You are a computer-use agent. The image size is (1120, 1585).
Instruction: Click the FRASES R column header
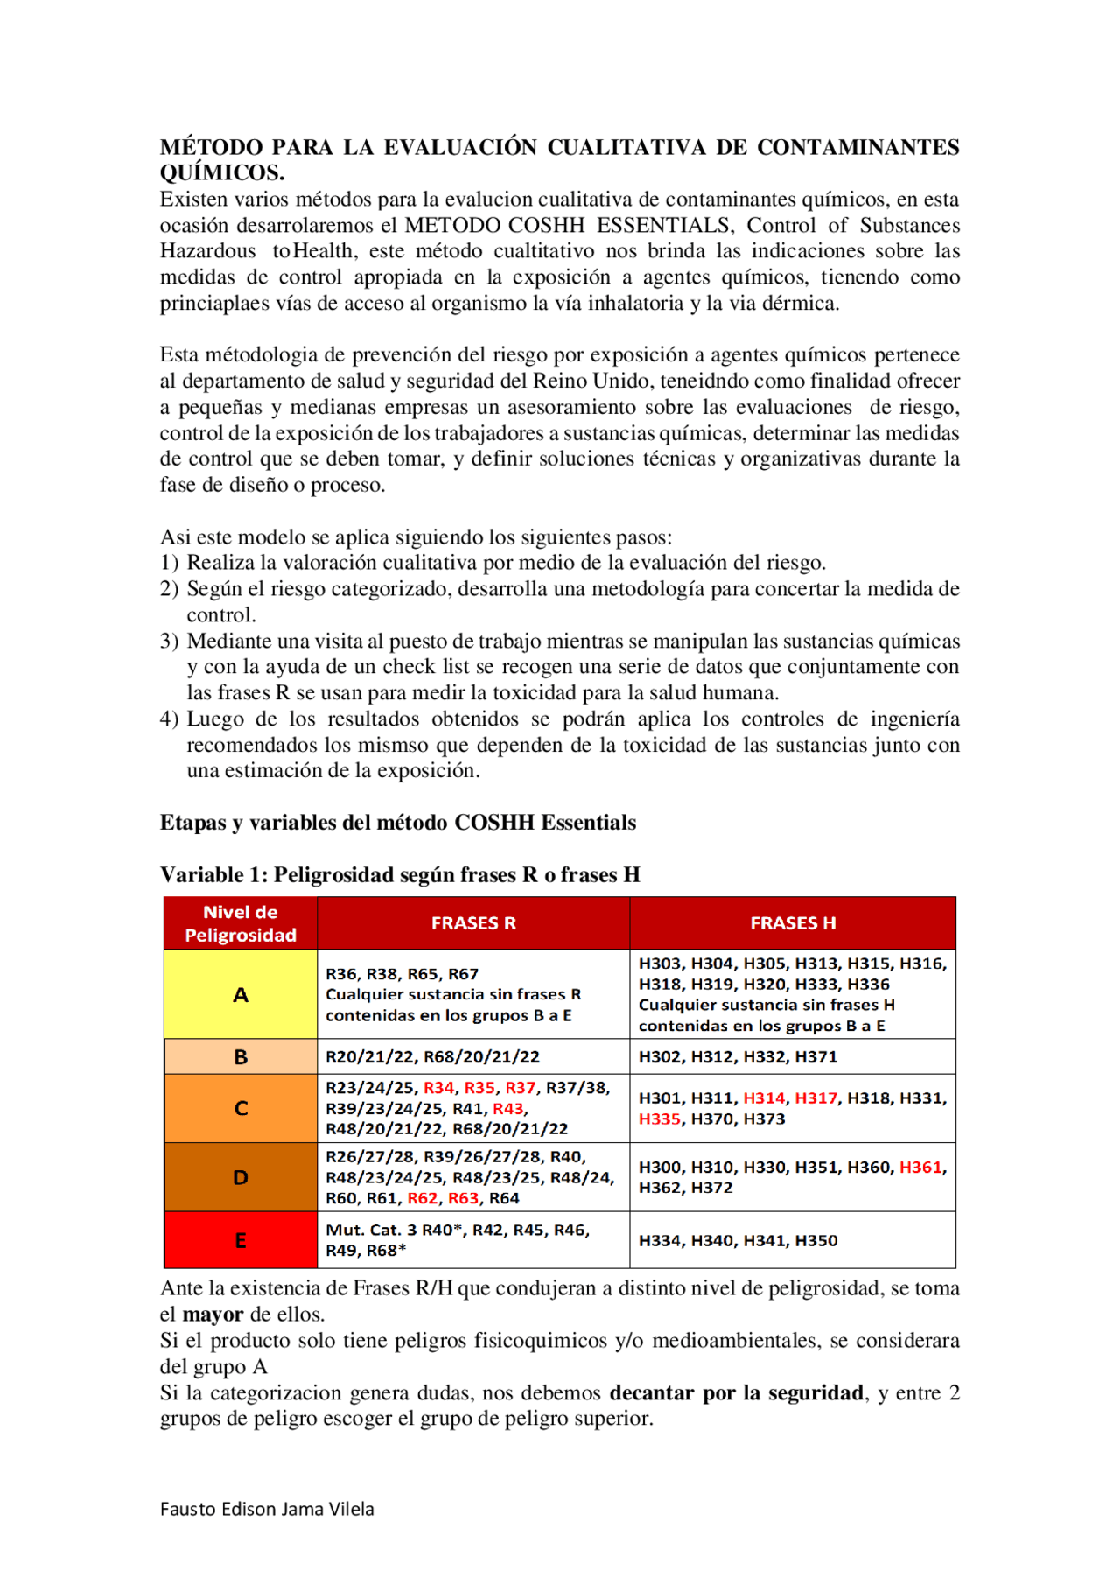pyautogui.click(x=472, y=922)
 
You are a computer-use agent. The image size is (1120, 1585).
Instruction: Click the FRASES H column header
pyautogui.click(x=792, y=922)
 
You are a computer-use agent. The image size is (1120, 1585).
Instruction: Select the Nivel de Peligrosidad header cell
pyautogui.click(x=240, y=923)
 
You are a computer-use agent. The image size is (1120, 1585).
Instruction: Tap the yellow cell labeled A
pyautogui.click(x=240, y=994)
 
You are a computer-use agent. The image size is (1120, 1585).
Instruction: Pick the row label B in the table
pyautogui.click(x=240, y=1056)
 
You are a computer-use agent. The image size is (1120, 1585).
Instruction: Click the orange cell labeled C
pyautogui.click(x=240, y=1108)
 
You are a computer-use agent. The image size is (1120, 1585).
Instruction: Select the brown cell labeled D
pyautogui.click(x=240, y=1177)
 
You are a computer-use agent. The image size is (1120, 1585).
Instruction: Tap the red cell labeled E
pyautogui.click(x=240, y=1240)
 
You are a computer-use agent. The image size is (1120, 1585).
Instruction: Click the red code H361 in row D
pyautogui.click(x=920, y=1167)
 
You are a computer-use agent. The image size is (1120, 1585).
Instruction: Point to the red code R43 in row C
pyautogui.click(x=507, y=1108)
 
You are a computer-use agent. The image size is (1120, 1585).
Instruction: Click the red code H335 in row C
pyautogui.click(x=659, y=1119)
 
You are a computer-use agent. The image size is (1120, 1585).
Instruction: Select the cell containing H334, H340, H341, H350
pyautogui.click(x=738, y=1240)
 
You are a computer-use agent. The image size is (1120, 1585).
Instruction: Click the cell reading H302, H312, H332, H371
pyautogui.click(x=738, y=1056)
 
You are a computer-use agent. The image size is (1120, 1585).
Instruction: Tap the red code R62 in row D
pyautogui.click(x=423, y=1198)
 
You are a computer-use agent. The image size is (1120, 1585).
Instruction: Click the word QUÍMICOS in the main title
pyautogui.click(x=221, y=172)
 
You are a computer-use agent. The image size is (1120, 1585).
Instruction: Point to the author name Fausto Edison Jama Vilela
pyautogui.click(x=267, y=1509)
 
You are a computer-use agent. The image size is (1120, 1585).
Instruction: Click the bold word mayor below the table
pyautogui.click(x=213, y=1314)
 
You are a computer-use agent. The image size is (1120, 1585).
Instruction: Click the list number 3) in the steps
pyautogui.click(x=169, y=641)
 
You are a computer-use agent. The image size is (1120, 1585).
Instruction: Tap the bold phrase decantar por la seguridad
pyautogui.click(x=736, y=1392)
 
